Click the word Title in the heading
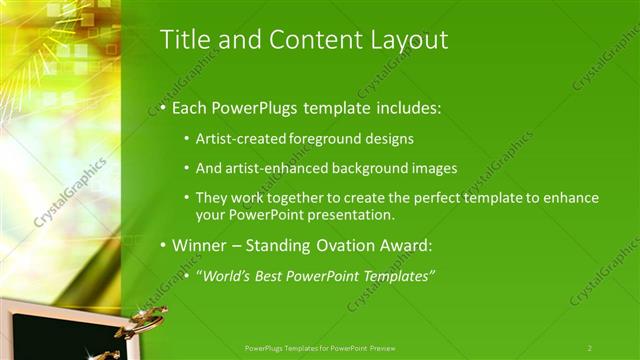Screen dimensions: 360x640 coord(184,39)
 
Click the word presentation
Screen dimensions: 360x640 coord(350,214)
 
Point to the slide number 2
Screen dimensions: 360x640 coord(590,348)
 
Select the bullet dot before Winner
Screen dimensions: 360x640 coord(162,246)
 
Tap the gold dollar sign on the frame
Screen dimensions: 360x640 coord(142,322)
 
